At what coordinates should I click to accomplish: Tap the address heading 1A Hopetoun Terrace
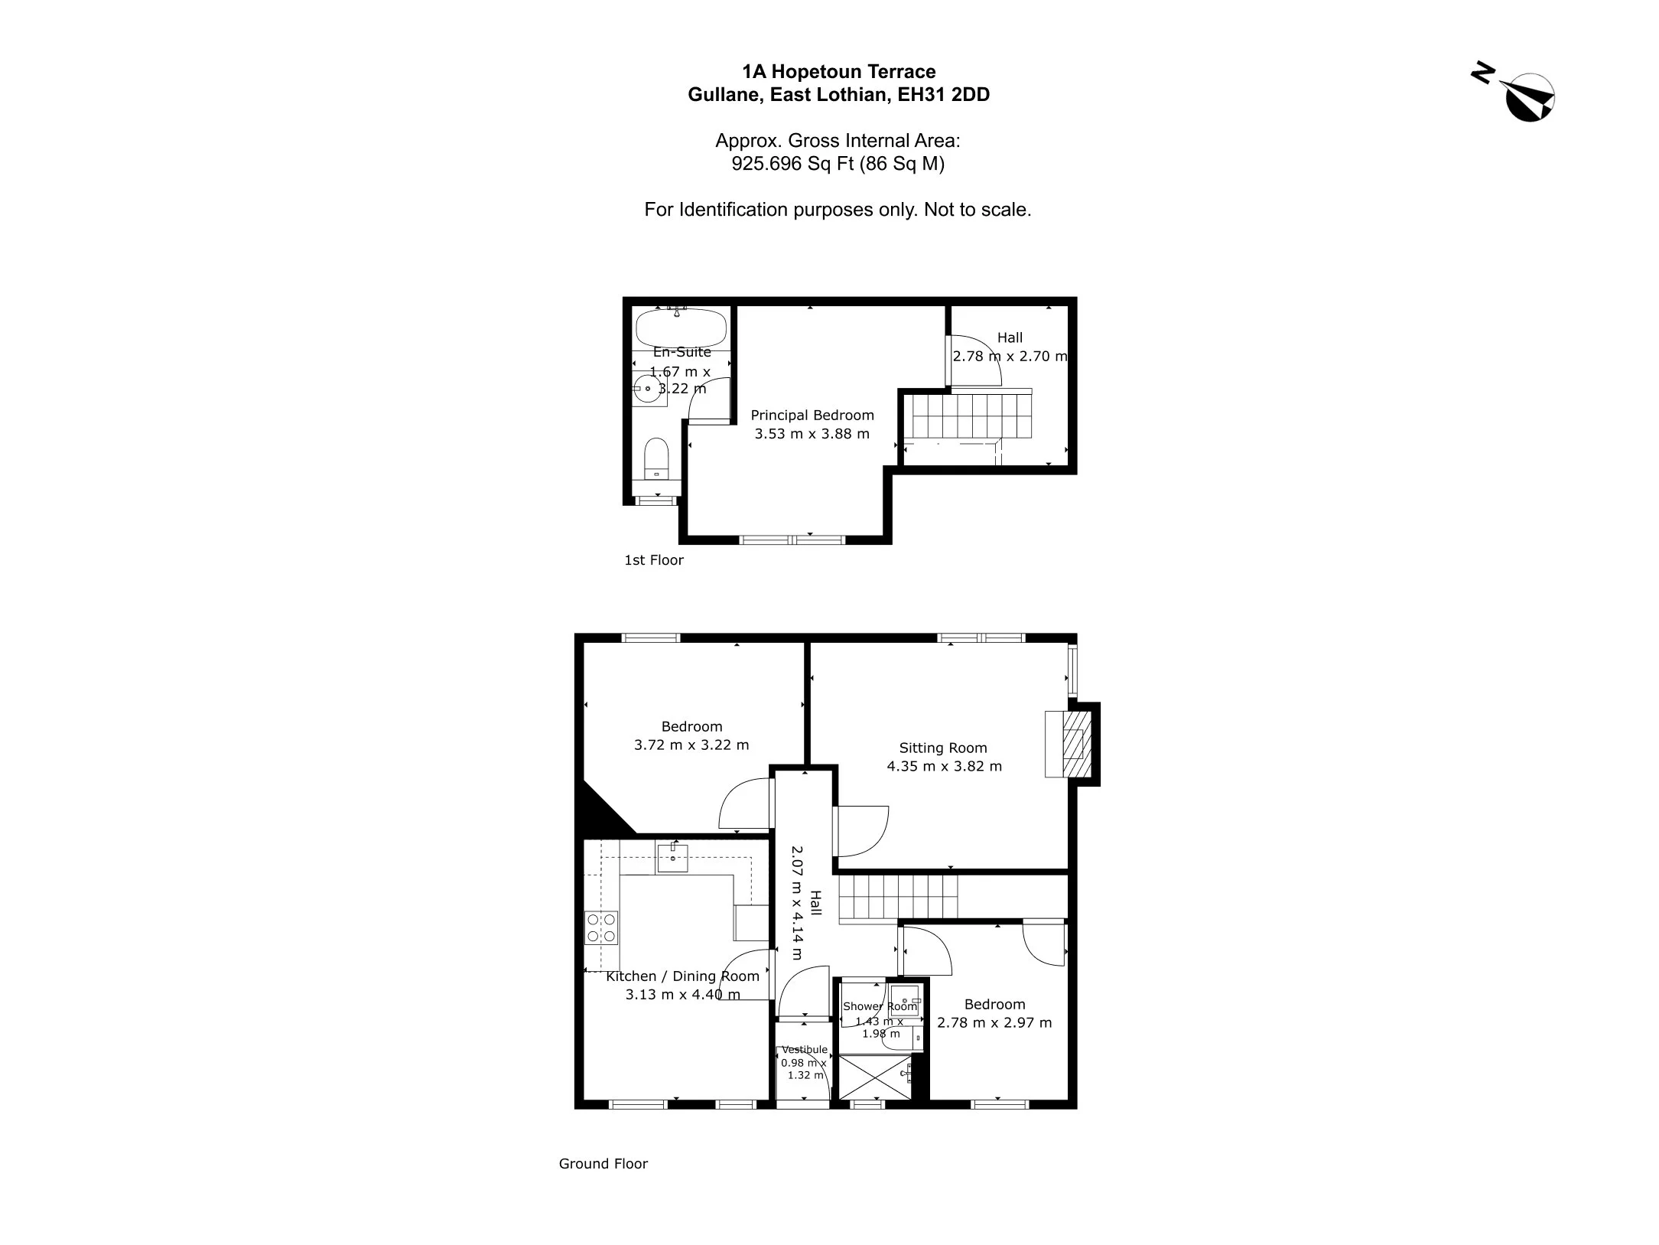(x=839, y=72)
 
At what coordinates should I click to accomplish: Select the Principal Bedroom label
(x=812, y=416)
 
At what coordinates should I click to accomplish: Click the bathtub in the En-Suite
(x=681, y=328)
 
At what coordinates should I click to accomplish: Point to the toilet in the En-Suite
(x=657, y=458)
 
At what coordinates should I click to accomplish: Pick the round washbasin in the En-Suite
(x=649, y=389)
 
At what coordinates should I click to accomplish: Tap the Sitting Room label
(x=943, y=748)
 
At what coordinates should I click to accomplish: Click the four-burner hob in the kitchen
(x=601, y=927)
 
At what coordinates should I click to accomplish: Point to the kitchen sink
(x=672, y=857)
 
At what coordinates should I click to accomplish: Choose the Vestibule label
(x=805, y=1049)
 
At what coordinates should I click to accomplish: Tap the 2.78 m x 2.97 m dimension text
(x=994, y=1022)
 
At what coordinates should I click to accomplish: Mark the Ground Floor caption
(x=603, y=1164)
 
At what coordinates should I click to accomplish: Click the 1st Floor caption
(x=654, y=560)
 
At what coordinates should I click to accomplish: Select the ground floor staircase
(x=898, y=897)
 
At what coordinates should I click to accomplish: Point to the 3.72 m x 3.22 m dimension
(x=691, y=745)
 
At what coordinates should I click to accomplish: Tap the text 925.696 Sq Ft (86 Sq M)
(x=838, y=164)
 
